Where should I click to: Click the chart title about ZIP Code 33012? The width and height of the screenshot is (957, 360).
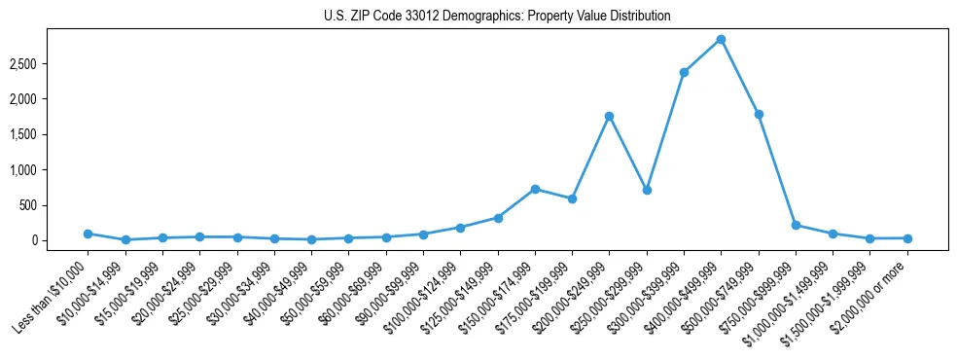click(497, 17)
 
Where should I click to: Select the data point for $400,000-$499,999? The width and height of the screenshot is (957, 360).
click(721, 40)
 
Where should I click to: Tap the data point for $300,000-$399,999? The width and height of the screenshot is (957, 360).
click(684, 72)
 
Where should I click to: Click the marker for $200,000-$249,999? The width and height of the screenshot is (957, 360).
click(609, 116)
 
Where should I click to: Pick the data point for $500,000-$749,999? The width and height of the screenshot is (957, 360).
click(759, 114)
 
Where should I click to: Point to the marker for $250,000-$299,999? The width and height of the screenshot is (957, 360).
click(647, 190)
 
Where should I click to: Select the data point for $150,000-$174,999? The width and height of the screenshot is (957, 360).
click(535, 189)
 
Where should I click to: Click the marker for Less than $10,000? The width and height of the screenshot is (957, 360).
click(88, 234)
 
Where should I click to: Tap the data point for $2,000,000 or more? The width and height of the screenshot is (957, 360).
click(907, 238)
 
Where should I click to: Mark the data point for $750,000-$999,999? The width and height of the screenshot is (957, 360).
click(796, 225)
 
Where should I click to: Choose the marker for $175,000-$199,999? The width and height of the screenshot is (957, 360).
click(572, 198)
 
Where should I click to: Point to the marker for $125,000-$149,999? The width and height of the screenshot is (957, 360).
click(498, 218)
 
